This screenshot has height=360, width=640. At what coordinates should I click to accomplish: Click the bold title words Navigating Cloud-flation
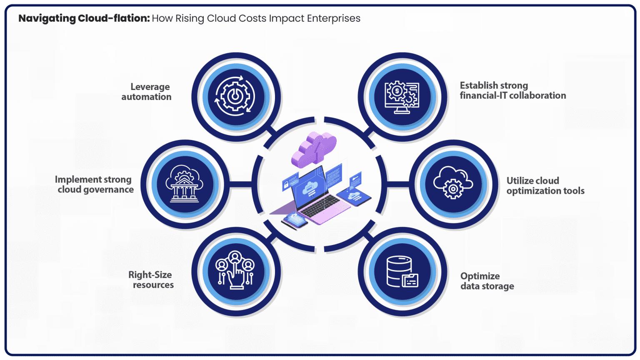pos(84,18)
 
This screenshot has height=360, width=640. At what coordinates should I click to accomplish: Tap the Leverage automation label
pos(147,92)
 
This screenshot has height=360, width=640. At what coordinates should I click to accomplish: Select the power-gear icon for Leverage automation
pos(235,97)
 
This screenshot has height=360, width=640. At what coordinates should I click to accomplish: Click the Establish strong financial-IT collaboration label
pos(512,90)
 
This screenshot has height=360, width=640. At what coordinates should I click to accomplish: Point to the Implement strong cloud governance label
pos(95,185)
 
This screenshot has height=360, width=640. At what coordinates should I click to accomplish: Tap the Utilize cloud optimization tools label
pos(545,186)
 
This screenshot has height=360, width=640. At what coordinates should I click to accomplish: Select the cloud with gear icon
pos(453,183)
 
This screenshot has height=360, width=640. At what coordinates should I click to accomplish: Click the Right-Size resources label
pos(151,280)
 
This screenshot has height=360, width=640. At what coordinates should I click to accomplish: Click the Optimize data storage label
pos(487,281)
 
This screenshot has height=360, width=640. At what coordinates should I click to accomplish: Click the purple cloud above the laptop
pos(314,148)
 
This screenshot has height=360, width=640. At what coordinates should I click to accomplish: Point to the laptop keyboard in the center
pos(321,207)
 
